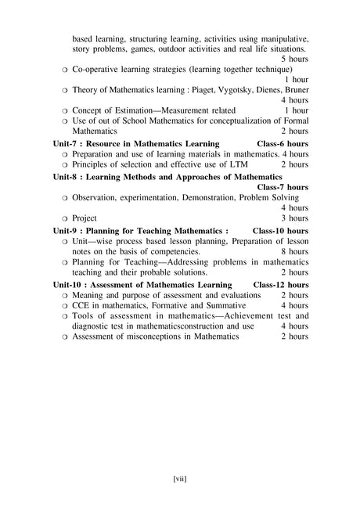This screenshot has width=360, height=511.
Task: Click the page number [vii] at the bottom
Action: (x=179, y=477)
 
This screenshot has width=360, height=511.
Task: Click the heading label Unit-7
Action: (x=67, y=145)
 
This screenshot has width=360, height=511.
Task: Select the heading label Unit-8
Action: (x=67, y=178)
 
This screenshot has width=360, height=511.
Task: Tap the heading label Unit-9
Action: (x=67, y=232)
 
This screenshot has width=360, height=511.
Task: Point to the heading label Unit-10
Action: (x=69, y=285)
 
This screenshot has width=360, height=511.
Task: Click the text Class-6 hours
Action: (x=283, y=145)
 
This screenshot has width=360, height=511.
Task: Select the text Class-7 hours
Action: (x=283, y=188)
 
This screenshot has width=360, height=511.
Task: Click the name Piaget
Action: (x=206, y=91)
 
